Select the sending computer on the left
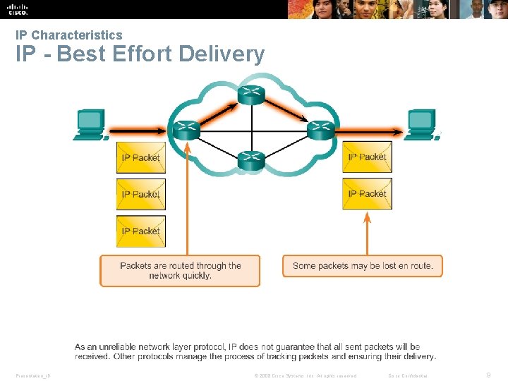pos(90,124)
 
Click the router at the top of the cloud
pos(250,95)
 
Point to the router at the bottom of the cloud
pos(250,161)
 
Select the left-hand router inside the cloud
pos(186,130)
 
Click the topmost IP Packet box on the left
pos(140,157)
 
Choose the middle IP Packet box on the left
pos(140,194)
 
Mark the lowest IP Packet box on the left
pos(140,231)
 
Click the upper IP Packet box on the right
pos(367,157)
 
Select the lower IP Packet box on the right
pos(367,194)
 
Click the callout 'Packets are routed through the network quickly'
pos(180,271)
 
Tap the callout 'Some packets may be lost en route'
pos(363,266)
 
